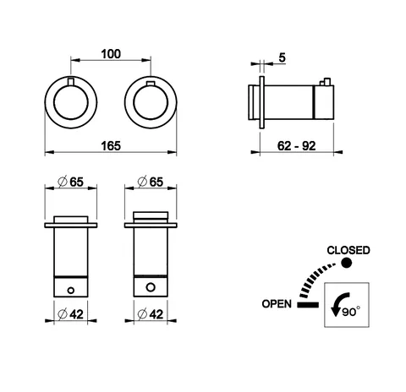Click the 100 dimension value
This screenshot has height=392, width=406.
tap(111, 54)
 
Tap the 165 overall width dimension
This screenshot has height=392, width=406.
tap(111, 146)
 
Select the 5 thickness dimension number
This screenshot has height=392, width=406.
tap(282, 57)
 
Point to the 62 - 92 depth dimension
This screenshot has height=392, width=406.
tap(296, 146)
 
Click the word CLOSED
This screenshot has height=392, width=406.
tap(348, 250)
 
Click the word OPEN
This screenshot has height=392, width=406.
tap(277, 304)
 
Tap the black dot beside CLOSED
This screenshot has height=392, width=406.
tap(347, 263)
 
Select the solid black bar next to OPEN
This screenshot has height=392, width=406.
tap(308, 305)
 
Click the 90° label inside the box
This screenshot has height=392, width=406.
tap(351, 312)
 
